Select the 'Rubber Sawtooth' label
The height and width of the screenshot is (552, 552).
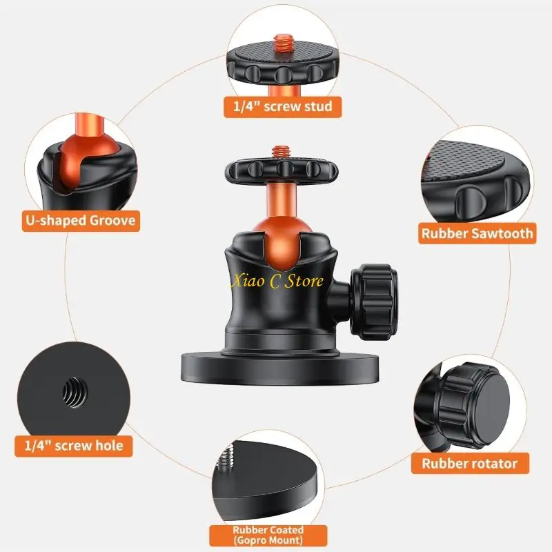pos(477,233)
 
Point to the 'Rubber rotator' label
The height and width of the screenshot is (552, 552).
pos(469,463)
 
